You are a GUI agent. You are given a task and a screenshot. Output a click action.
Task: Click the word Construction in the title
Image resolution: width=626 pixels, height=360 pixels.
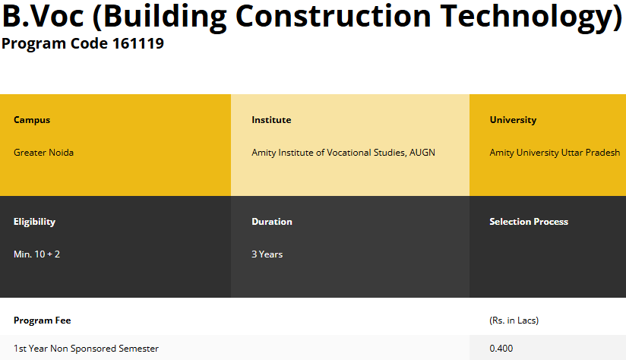point(334,16)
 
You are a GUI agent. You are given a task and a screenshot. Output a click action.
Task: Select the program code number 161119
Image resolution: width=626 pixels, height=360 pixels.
point(138,43)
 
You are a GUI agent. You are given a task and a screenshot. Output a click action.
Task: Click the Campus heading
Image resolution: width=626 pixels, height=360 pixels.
point(32,120)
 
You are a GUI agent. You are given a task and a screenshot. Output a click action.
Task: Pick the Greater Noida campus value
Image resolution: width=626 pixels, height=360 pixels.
point(43,153)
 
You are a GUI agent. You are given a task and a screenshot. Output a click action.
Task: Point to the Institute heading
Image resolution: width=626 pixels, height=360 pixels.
point(271,120)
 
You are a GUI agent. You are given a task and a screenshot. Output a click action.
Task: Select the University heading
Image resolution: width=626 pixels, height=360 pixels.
point(513,120)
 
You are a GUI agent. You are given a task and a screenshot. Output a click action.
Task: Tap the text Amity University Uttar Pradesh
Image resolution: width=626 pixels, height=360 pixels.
point(555,153)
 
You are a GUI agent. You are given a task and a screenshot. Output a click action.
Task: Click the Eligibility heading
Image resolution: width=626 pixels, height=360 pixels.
point(34,222)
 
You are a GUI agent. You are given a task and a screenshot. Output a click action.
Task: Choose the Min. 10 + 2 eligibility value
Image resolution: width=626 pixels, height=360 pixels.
point(36,254)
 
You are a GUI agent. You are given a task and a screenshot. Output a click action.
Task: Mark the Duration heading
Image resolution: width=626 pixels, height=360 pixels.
point(272,222)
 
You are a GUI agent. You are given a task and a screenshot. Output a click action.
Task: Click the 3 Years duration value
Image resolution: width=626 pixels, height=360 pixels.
point(267,254)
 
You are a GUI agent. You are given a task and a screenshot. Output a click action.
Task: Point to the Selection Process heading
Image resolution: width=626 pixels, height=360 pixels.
point(529,222)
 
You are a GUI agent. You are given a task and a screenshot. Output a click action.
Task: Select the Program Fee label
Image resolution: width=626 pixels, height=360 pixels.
point(43,321)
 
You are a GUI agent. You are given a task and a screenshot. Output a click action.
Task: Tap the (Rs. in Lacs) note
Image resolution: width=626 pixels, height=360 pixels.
point(514,321)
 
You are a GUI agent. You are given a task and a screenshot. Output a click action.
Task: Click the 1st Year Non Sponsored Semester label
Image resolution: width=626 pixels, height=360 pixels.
point(86,349)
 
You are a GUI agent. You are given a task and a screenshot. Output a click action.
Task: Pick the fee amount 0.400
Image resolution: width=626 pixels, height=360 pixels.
point(501,349)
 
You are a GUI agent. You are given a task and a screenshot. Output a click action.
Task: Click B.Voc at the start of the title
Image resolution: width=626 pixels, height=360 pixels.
point(43,16)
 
